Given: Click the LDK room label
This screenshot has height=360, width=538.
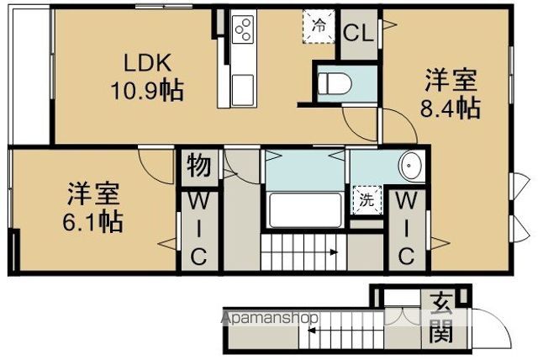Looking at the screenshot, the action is pos(147,63).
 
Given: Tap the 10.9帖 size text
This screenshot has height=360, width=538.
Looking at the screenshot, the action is pos(147,90).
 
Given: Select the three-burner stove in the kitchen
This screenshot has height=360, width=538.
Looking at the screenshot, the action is pos(244,29).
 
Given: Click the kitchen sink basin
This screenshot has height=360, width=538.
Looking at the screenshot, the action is pos(243,89).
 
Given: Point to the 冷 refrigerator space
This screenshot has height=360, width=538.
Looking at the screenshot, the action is pos(319,26).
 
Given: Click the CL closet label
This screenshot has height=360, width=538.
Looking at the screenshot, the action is pos(359,34).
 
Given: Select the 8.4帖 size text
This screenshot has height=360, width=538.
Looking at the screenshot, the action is pos(450,109).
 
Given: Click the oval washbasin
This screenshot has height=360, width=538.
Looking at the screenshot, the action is pos(411,166).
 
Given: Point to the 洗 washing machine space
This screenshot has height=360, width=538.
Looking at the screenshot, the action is pos(367,200).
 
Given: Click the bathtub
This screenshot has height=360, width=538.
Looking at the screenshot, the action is pos(305,210).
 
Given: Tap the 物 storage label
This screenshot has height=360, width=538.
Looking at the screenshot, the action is pos(199,166).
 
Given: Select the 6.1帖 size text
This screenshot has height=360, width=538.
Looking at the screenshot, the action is pos(92,222).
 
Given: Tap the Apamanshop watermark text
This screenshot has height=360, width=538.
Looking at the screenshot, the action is pos(270,318).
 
